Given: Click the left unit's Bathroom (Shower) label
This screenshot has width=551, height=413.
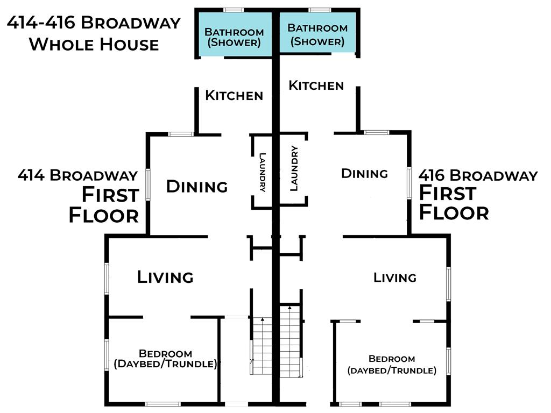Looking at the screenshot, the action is pyautogui.click(x=234, y=37).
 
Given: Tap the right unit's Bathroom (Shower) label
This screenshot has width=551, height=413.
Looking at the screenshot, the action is pyautogui.click(x=317, y=35).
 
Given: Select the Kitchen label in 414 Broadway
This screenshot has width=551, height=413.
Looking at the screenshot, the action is pyautogui.click(x=234, y=95).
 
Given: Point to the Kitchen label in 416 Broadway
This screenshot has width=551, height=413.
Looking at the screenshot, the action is pyautogui.click(x=316, y=86).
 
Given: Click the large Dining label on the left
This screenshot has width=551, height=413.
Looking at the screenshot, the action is pyautogui.click(x=197, y=186).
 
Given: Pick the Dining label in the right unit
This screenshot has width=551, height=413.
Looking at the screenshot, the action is pyautogui.click(x=364, y=173).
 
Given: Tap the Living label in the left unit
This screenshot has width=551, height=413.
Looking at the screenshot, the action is pyautogui.click(x=165, y=277).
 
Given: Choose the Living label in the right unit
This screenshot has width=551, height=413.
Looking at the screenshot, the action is pyautogui.click(x=394, y=277).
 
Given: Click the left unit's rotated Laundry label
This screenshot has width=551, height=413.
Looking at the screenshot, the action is pyautogui.click(x=262, y=172).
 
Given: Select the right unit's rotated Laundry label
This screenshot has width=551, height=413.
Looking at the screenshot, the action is pyautogui.click(x=294, y=168).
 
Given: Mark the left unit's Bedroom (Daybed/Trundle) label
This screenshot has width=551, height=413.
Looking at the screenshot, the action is pyautogui.click(x=165, y=359).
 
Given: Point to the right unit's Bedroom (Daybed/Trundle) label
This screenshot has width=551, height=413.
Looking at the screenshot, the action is pyautogui.click(x=392, y=365).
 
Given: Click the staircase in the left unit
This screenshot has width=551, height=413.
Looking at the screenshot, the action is pyautogui.click(x=262, y=346).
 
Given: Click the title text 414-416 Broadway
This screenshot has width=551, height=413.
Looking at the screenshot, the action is pyautogui.click(x=94, y=23).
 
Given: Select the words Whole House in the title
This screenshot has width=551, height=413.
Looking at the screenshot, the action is pyautogui.click(x=94, y=45).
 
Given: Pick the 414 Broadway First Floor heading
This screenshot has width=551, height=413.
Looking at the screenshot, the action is pyautogui.click(x=79, y=196).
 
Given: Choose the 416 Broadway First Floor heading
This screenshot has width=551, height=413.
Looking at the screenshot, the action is pyautogui.click(x=478, y=194).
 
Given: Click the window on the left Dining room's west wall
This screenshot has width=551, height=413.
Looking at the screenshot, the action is pyautogui.click(x=148, y=185).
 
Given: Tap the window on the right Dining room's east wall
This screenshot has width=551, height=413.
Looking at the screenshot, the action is pyautogui.click(x=409, y=183).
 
